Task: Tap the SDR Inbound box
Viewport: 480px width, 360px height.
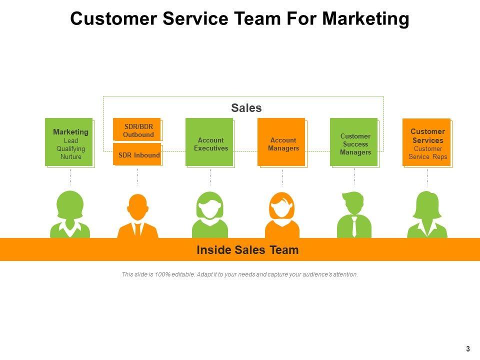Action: click(137, 154)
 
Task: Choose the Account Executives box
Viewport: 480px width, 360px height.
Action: click(209, 142)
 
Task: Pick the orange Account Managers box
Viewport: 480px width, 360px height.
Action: click(281, 142)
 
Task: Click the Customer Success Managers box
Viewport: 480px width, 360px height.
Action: click(354, 142)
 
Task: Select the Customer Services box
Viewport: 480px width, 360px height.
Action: click(426, 142)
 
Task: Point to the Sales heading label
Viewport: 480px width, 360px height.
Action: click(246, 108)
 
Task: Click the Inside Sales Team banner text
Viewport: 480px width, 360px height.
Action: click(247, 250)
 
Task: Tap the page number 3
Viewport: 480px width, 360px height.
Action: click(468, 349)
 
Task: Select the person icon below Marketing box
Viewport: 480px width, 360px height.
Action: click(70, 215)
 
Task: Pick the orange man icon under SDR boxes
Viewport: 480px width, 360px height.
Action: click(137, 216)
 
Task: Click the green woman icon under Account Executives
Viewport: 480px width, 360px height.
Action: click(210, 215)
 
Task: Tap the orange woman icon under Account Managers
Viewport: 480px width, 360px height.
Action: click(282, 215)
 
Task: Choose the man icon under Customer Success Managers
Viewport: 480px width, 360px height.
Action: click(354, 215)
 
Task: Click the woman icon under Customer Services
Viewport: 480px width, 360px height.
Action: click(427, 215)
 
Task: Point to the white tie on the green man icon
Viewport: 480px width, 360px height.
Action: click(354, 227)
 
